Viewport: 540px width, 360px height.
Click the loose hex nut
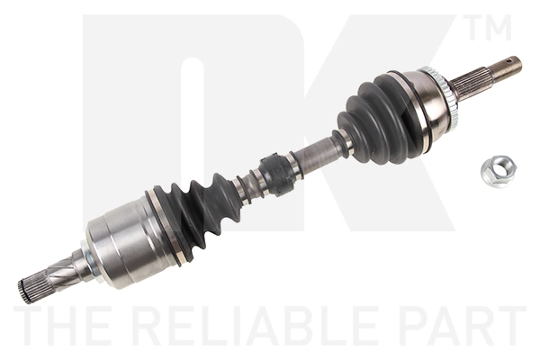pos(497,171)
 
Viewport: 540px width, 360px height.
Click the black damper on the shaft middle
pos(278,173)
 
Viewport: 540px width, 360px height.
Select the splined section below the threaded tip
pos(471,83)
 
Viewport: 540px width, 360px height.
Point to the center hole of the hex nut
pos(495,169)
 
